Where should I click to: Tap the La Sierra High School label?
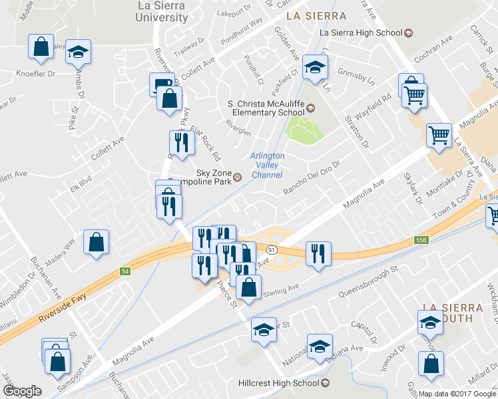coord(361,33)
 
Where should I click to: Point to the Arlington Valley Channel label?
coord(268,165)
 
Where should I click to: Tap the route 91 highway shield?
coord(271,248)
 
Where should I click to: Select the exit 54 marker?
coord(124,271)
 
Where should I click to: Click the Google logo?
coord(22,391)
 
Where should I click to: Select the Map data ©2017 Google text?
coord(457,394)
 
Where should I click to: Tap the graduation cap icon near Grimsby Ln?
coord(315,66)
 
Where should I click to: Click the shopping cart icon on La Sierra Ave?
coord(439,134)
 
